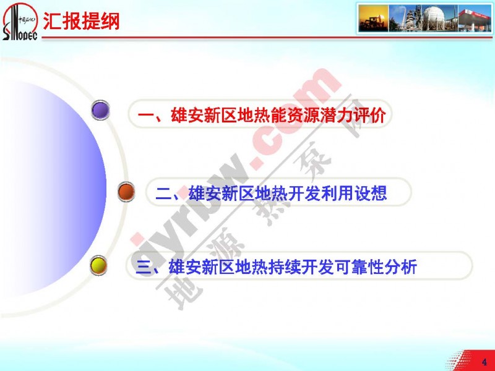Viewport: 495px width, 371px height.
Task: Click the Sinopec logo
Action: click(x=20, y=22)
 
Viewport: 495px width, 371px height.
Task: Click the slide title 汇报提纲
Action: click(x=81, y=22)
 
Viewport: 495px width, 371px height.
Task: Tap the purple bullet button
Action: click(x=100, y=110)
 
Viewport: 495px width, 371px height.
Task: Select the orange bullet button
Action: click(x=126, y=192)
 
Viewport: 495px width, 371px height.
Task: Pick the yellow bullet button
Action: click(x=98, y=265)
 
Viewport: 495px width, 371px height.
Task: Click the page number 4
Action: click(x=484, y=362)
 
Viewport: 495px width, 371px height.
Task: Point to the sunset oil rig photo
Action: click(x=374, y=19)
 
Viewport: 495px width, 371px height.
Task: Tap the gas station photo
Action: click(x=475, y=19)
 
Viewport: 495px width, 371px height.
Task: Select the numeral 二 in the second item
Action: click(x=163, y=194)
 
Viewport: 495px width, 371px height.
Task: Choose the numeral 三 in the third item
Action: click(x=144, y=267)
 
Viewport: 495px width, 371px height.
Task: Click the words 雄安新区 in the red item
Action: click(x=204, y=115)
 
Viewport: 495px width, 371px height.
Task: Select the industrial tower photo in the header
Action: click(x=405, y=19)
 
